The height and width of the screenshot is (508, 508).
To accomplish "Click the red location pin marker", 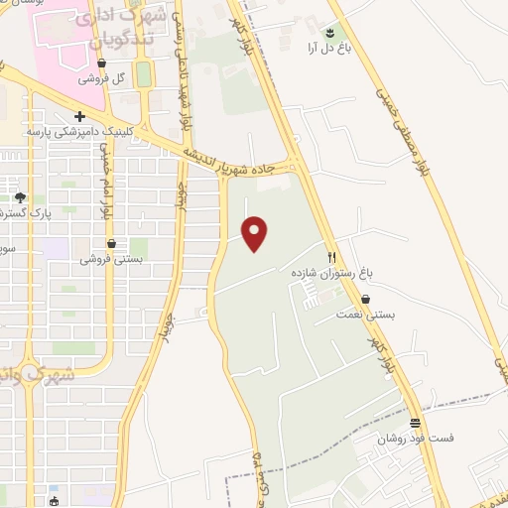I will [x=256, y=233].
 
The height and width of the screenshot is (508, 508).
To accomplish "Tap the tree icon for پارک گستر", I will [x=19, y=197].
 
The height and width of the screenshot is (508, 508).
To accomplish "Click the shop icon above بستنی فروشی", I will [x=110, y=243].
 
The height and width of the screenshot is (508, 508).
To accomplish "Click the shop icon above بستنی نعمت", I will [x=367, y=298].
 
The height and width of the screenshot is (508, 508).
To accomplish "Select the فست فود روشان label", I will [x=413, y=438].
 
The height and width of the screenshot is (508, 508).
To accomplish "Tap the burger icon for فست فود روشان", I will [x=414, y=422].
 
